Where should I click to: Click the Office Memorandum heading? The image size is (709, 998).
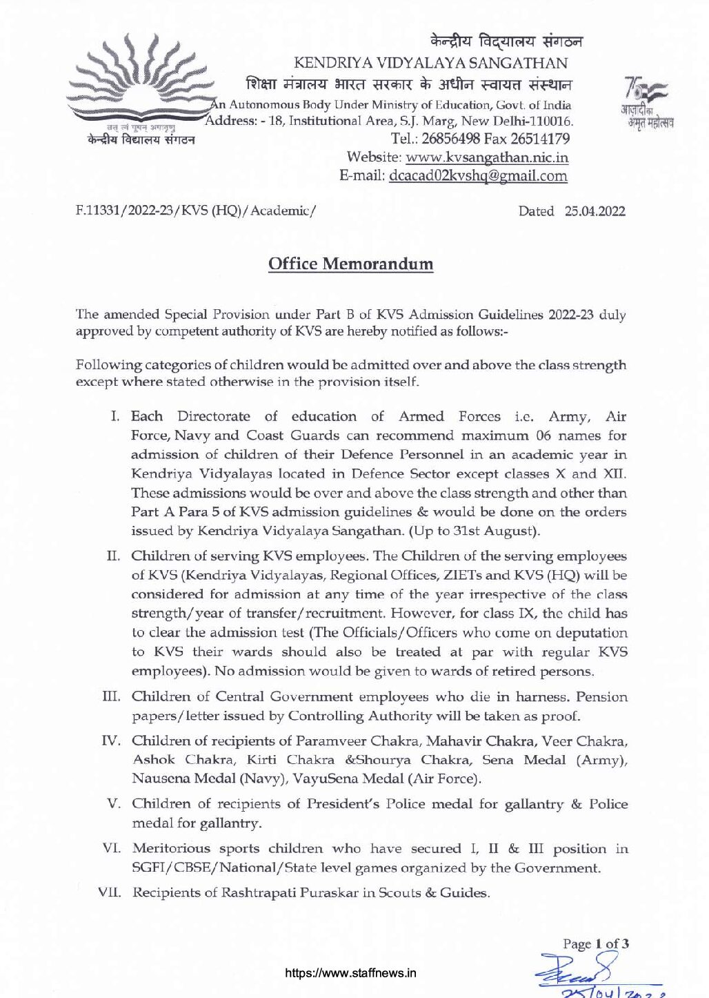click(x=350, y=264)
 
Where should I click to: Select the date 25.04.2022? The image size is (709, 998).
click(x=595, y=211)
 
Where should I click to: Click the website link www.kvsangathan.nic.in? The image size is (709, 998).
click(x=487, y=157)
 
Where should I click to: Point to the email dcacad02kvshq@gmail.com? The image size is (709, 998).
click(x=478, y=175)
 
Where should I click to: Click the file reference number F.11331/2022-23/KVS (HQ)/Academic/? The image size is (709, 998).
click(x=196, y=211)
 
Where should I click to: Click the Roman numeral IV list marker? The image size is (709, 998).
click(x=111, y=741)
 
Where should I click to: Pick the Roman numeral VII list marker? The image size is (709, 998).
click(x=110, y=892)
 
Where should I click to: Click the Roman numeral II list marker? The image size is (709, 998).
click(x=114, y=556)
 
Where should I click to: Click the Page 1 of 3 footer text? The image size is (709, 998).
click(x=595, y=943)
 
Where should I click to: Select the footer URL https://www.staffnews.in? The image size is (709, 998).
click(x=350, y=974)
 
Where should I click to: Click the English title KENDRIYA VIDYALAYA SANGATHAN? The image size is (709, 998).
click(x=430, y=63)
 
